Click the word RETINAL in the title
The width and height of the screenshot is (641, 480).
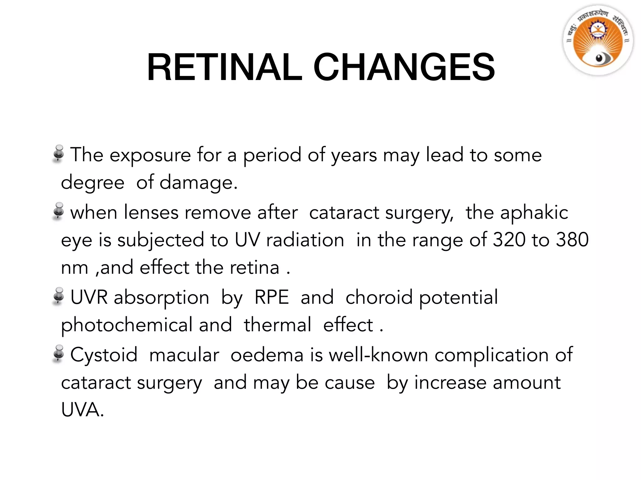point(224,67)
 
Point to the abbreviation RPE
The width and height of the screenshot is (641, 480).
point(271,297)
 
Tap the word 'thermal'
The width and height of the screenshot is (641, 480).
point(278,325)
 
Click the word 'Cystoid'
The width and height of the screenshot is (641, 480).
point(104,355)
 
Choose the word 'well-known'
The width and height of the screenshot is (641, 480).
point(378,355)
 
